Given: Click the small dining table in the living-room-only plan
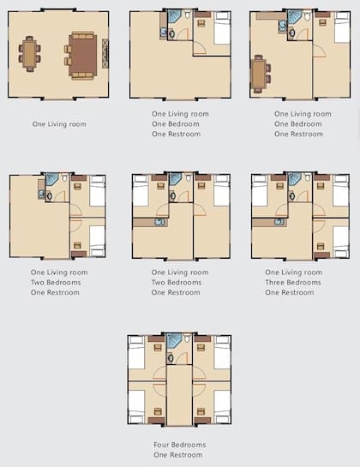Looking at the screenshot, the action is pos(30,54).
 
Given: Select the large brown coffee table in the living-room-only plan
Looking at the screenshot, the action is pos(83,56).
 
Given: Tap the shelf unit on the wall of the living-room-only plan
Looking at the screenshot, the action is pos(105,54).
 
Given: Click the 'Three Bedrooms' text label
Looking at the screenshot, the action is pos(293,283).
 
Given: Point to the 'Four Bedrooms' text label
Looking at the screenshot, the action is pos(180,445).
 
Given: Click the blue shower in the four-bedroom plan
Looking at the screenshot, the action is pos(173,341).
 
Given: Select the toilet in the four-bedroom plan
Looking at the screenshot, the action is pos(187,338).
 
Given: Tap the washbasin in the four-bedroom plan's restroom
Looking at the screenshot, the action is pos(171,357).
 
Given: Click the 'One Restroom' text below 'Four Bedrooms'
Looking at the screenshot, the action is pos(178,455).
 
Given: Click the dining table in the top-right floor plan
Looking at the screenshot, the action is pos(258,74).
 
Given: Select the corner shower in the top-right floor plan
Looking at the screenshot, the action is pos(295,16).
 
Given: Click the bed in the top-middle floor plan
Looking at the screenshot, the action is pos(222,28).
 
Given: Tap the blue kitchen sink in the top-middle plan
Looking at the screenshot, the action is pos(164,33).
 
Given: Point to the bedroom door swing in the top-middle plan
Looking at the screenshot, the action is pos(200,49).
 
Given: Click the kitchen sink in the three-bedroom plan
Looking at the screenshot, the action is pos(279,222).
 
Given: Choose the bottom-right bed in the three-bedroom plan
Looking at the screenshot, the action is pos(340,242).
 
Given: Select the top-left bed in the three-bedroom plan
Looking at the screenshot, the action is pos(260,190).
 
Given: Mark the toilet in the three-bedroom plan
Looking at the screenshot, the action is pos(308,177).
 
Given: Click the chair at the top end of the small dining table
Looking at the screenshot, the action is pos(29,38).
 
